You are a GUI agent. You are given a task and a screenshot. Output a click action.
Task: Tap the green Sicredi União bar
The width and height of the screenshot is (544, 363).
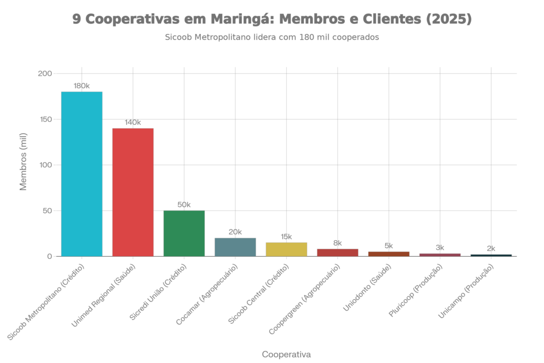point(184,233)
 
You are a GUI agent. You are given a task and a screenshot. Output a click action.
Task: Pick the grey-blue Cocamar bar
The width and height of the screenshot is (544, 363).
point(235,247)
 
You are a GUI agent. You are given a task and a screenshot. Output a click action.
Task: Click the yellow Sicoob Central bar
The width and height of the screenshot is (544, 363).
point(286,249)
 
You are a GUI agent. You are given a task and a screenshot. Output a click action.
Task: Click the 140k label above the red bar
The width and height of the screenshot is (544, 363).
point(132,123)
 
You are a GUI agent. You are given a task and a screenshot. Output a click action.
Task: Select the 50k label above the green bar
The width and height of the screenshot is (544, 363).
point(184,205)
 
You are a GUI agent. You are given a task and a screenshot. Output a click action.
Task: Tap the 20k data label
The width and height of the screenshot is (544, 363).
point(235,232)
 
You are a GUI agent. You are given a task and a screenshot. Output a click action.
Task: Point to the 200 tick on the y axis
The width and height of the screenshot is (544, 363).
point(45,73)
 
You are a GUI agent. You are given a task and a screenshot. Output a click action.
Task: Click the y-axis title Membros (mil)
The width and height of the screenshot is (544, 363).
point(23,165)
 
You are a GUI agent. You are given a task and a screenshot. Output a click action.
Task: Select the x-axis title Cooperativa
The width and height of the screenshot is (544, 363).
point(286,354)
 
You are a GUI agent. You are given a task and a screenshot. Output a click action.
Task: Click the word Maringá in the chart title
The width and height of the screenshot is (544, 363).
point(237,20)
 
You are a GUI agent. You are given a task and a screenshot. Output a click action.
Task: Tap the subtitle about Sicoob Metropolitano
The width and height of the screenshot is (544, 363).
point(271,38)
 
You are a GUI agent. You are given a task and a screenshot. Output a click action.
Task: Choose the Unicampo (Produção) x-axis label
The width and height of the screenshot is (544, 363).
point(466,292)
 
